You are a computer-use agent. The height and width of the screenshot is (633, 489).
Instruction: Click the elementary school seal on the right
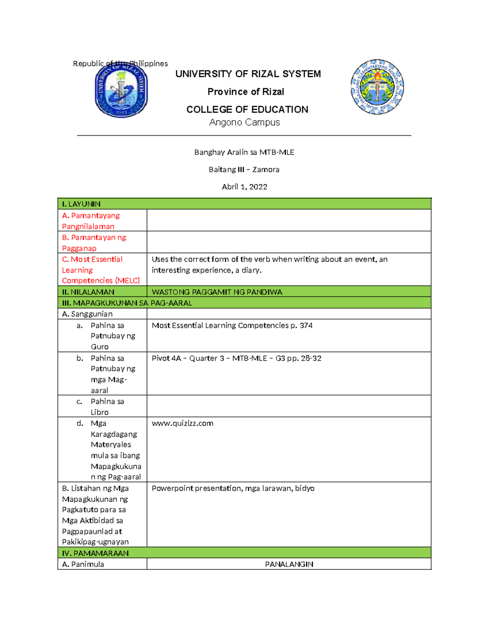tap(377, 87)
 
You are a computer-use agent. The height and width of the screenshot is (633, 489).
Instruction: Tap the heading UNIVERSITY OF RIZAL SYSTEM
tap(248, 74)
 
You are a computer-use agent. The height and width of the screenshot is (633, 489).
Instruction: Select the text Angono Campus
tap(244, 122)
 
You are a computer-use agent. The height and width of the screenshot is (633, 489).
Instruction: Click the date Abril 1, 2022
tap(244, 187)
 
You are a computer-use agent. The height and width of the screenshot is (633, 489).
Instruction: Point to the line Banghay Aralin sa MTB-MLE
tap(244, 152)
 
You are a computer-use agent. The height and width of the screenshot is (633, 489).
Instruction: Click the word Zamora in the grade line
tap(266, 170)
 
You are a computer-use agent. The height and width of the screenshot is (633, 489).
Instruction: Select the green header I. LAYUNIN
tap(81, 204)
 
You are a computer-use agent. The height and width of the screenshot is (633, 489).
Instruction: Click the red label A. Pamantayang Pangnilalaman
tap(91, 221)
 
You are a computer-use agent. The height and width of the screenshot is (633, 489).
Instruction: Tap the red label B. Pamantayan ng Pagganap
tap(94, 243)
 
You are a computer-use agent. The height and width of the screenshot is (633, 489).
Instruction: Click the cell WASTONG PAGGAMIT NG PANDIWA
tap(217, 292)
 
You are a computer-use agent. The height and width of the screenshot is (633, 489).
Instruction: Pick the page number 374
tap(306, 325)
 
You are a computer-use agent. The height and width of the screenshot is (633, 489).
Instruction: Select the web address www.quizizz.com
tap(182, 423)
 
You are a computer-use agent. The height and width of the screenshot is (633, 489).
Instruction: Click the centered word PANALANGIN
tap(289, 564)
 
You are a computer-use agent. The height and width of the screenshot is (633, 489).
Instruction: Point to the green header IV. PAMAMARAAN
tap(95, 553)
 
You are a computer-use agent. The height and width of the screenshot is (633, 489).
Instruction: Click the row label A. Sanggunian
tap(87, 314)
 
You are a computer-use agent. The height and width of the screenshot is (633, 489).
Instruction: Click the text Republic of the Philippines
tap(120, 64)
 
